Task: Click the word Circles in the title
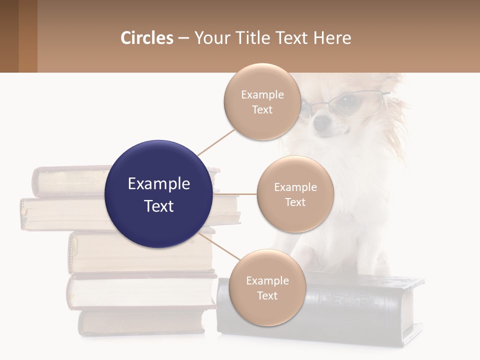[x=146, y=38]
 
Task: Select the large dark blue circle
[x=158, y=194]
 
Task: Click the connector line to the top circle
[x=216, y=141]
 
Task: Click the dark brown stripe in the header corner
[x=9, y=36]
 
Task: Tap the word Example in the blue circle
[x=158, y=184]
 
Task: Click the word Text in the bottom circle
[x=267, y=295]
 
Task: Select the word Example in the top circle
[x=262, y=94]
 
